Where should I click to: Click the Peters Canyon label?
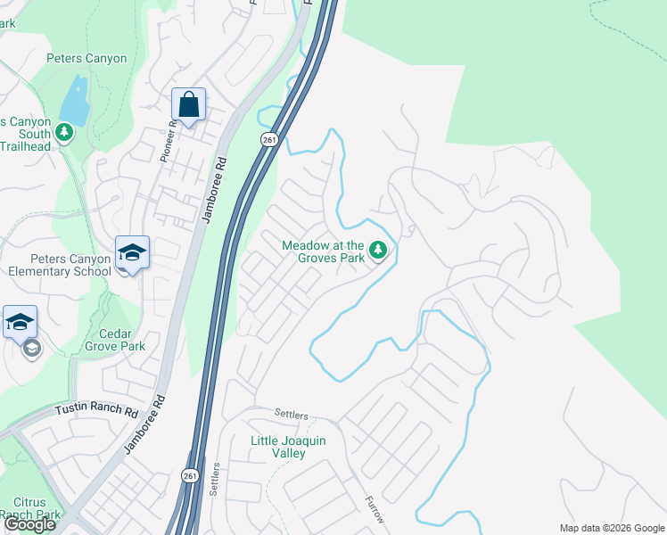click(86, 59)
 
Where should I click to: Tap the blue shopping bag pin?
click(189, 105)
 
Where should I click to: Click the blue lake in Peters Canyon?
click(74, 101)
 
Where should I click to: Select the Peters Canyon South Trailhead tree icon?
click(63, 133)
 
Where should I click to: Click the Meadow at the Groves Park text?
click(323, 251)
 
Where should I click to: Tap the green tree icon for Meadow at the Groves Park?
click(378, 251)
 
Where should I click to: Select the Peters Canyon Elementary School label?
click(59, 265)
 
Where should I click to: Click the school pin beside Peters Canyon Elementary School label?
click(132, 252)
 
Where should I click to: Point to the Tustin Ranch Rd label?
click(97, 411)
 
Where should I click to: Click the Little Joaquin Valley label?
click(276, 447)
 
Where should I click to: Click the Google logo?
click(29, 525)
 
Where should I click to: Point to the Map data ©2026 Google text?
click(612, 528)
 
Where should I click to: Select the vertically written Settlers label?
click(215, 478)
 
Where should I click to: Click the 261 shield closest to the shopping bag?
click(268, 139)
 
